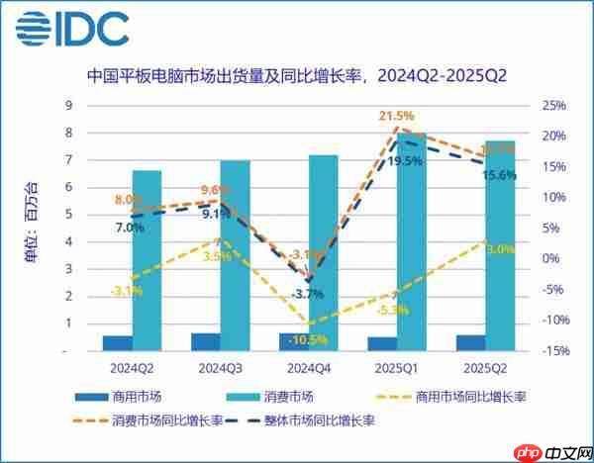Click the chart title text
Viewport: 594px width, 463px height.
tap(298, 74)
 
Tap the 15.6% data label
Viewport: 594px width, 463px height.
tap(497, 175)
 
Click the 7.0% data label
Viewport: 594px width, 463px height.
tap(130, 227)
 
